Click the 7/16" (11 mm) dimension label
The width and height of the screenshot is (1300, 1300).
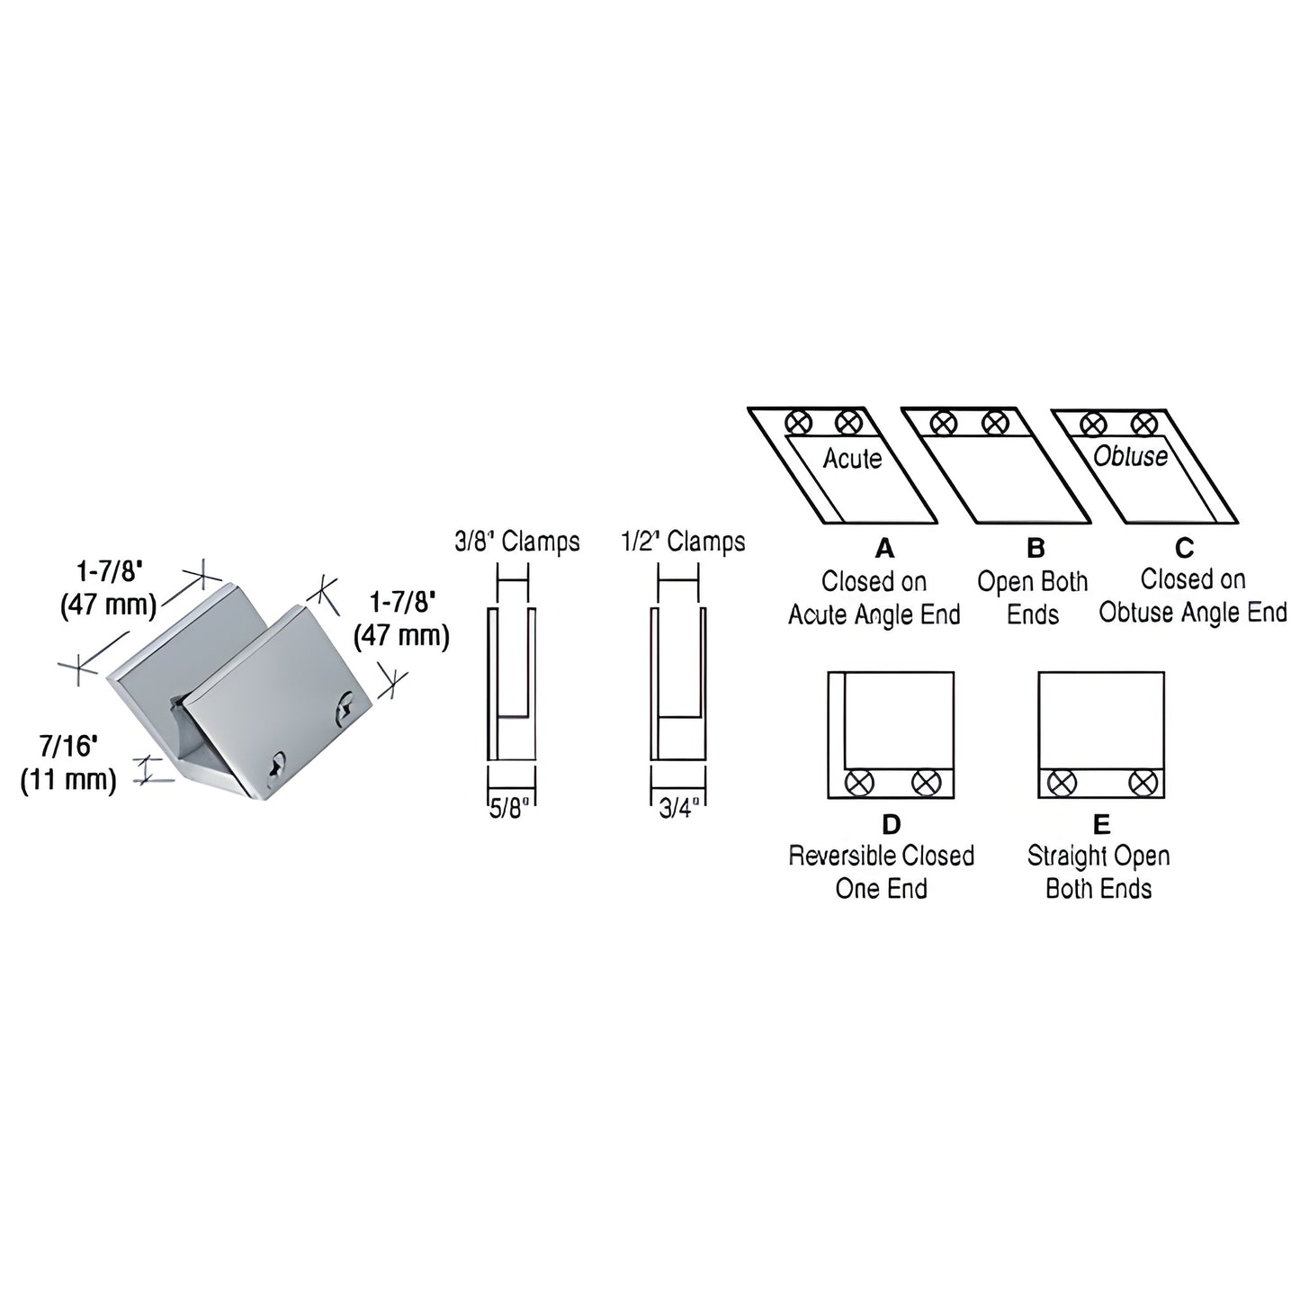[x=69, y=762]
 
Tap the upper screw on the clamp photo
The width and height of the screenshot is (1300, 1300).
[x=345, y=710]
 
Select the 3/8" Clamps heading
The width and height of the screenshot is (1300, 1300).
[x=516, y=542]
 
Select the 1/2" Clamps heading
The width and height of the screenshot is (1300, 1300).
[x=683, y=542]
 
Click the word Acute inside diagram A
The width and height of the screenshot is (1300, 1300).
[x=852, y=459]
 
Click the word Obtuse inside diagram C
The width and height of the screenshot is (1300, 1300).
[x=1130, y=456]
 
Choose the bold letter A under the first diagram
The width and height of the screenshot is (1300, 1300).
[x=884, y=548]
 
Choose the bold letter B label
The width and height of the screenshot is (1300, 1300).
[x=1036, y=548]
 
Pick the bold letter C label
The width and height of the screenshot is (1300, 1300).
[x=1184, y=547]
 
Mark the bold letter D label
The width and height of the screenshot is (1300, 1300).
[x=891, y=823]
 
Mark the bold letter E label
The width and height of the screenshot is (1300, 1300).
[x=1101, y=823]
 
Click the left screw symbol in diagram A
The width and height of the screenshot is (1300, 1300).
[x=797, y=422]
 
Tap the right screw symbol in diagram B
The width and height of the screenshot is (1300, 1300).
[x=994, y=422]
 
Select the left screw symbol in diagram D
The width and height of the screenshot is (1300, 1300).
[x=858, y=782]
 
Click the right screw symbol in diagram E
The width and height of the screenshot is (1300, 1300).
[x=1142, y=782]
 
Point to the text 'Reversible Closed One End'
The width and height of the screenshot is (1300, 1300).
[x=881, y=871]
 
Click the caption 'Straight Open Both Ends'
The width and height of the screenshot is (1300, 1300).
[x=1098, y=871]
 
